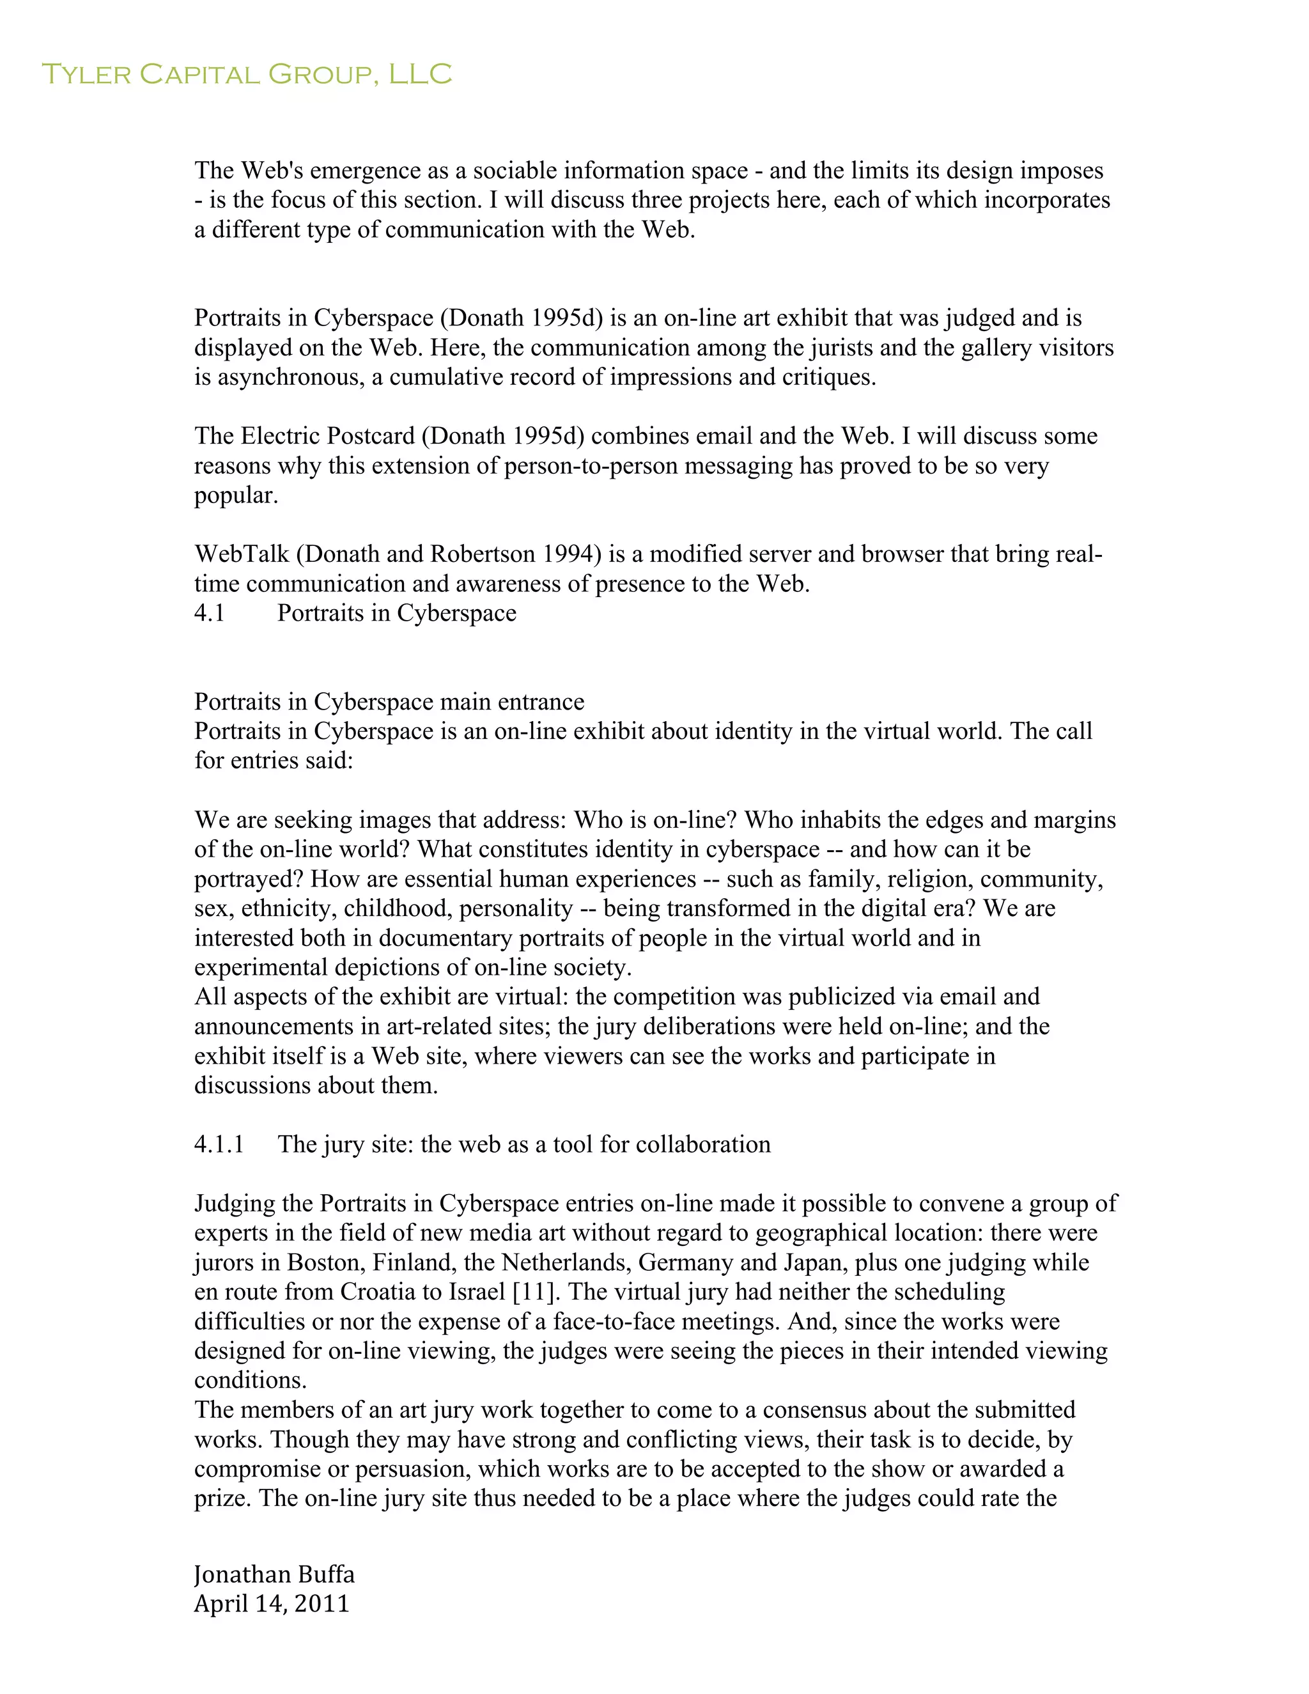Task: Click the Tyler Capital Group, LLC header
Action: (246, 74)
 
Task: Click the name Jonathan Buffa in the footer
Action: (274, 1574)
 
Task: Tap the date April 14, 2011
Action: (272, 1603)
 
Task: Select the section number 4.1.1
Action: (219, 1144)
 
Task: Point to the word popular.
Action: (236, 497)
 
